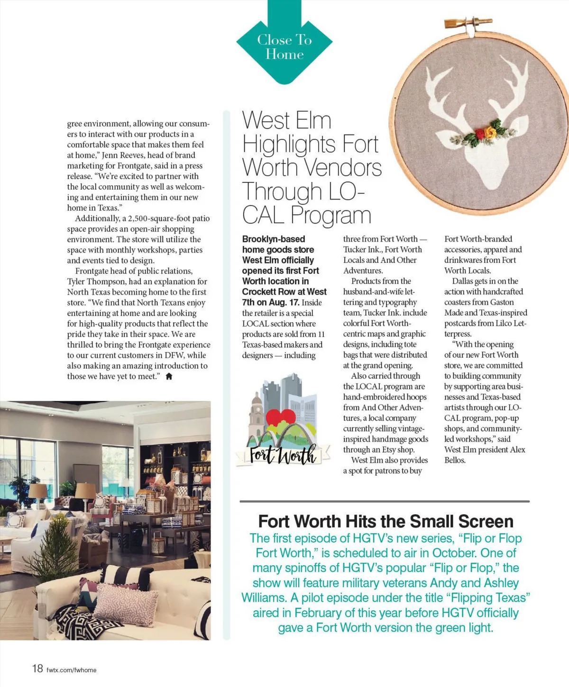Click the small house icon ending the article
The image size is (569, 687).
(x=169, y=377)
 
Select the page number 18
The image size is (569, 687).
(x=37, y=668)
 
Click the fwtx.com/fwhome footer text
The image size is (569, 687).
(x=72, y=670)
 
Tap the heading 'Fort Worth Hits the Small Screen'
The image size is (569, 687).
(x=385, y=521)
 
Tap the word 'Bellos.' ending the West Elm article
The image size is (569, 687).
(x=455, y=460)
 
